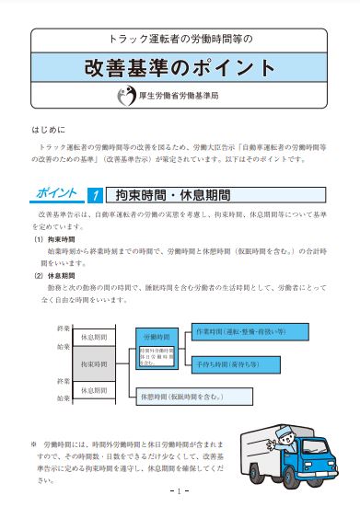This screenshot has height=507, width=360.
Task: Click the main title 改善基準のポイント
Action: (x=180, y=69)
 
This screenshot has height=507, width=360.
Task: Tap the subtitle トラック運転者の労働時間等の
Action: (x=180, y=40)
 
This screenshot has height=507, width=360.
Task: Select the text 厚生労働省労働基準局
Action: (x=191, y=96)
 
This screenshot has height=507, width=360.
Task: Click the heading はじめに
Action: (x=48, y=132)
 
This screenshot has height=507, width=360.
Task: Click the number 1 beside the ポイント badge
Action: (x=94, y=195)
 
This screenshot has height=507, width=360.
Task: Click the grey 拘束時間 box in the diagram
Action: (x=94, y=364)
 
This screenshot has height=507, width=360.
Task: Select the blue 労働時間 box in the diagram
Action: (x=157, y=337)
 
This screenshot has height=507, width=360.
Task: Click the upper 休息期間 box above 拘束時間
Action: (x=94, y=336)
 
